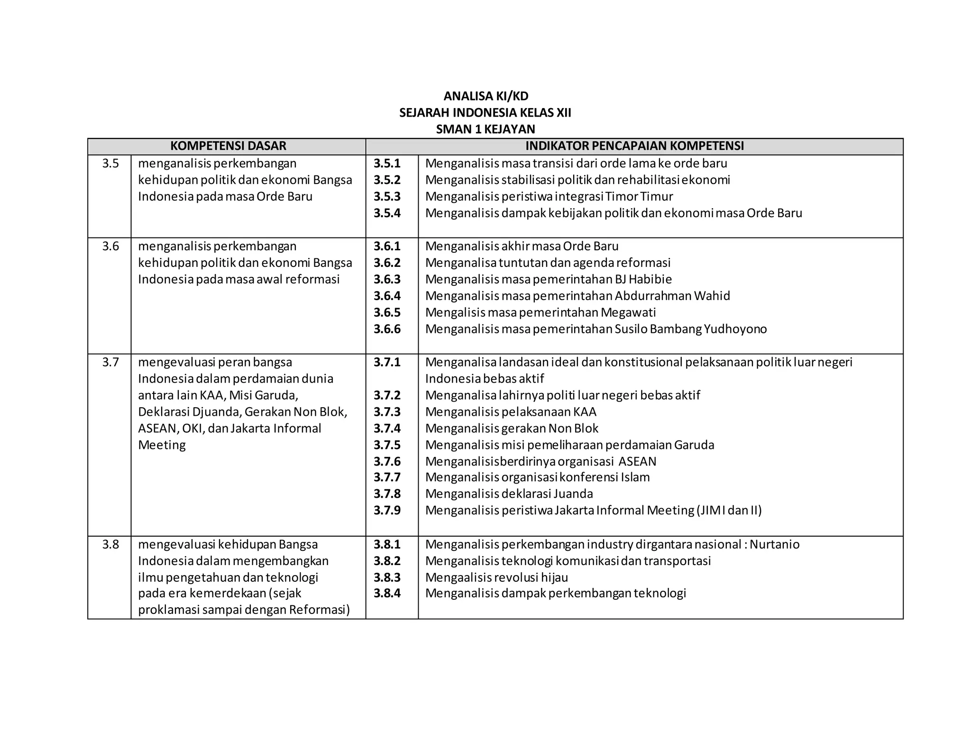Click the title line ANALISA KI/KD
(x=485, y=96)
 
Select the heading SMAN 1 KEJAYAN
(x=485, y=129)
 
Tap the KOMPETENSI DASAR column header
(x=228, y=146)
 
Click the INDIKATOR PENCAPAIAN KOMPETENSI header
(x=634, y=146)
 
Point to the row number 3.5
(x=110, y=164)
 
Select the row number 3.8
(x=110, y=544)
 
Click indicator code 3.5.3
(x=387, y=196)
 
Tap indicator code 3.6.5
(x=387, y=312)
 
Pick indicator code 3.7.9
(x=387, y=510)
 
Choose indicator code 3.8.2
(x=387, y=561)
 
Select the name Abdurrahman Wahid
(x=672, y=296)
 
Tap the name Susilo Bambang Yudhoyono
(x=690, y=329)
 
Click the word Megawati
(x=628, y=312)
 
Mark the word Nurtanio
(x=775, y=544)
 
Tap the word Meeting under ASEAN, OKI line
(x=162, y=445)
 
